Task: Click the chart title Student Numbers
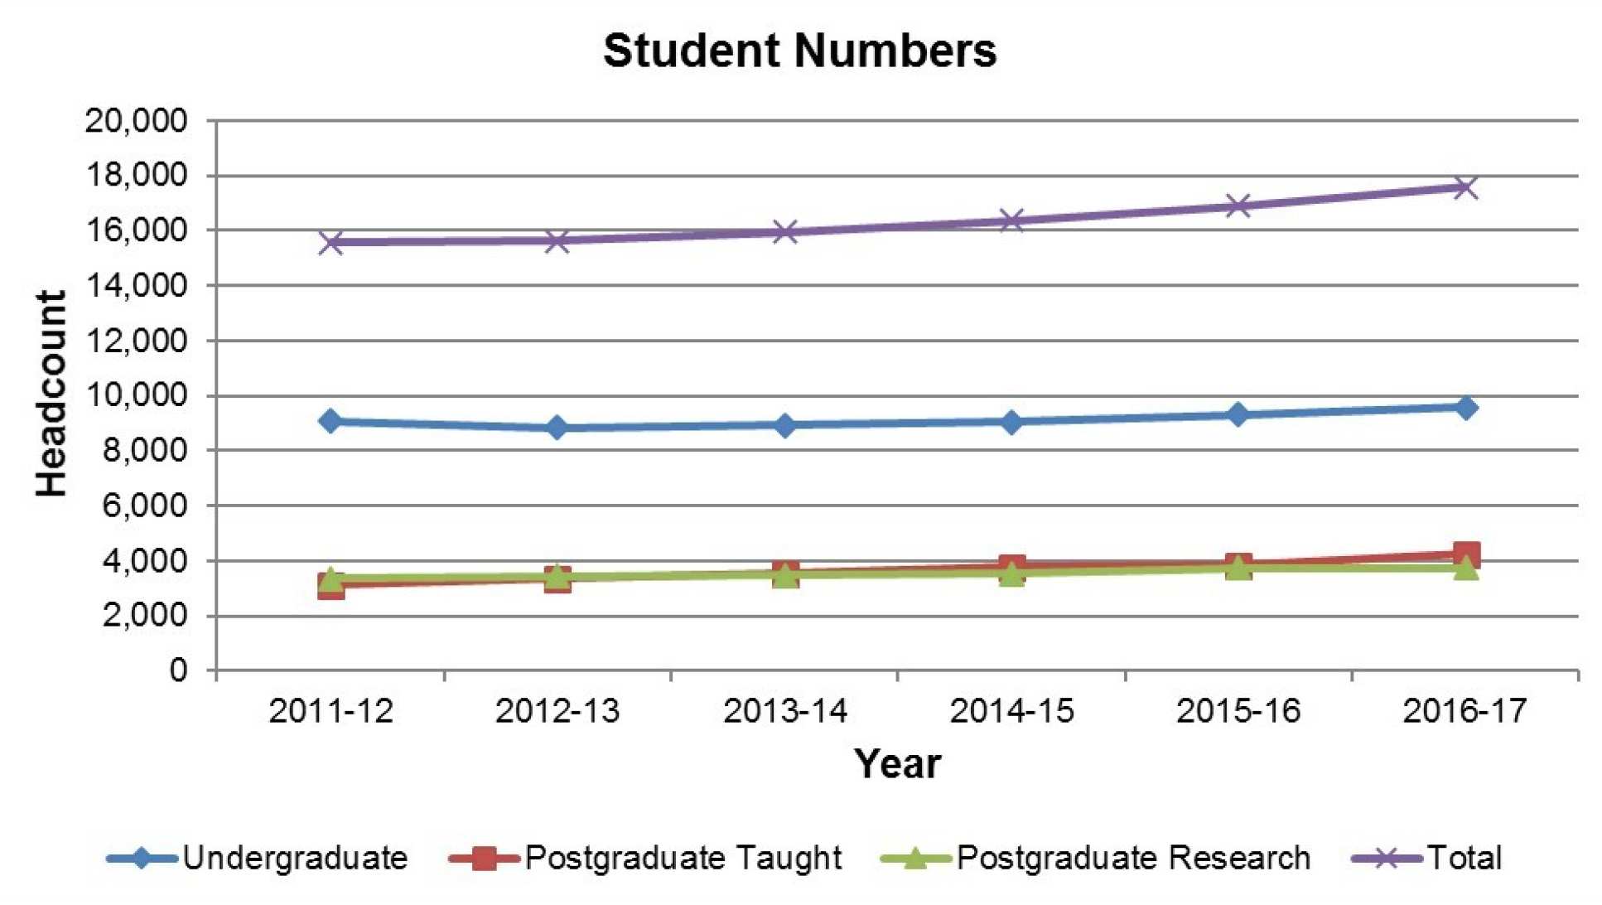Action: coord(799,51)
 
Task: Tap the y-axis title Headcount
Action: coord(51,394)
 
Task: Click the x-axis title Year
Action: coord(897,763)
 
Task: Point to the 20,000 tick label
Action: coord(137,121)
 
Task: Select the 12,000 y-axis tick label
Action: coord(137,341)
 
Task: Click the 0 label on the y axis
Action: coord(178,670)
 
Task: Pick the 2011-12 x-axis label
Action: coord(331,711)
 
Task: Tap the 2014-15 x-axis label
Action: coord(1011,711)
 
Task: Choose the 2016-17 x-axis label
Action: coord(1464,711)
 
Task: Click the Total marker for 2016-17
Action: coord(1464,187)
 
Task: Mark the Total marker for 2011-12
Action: coord(331,242)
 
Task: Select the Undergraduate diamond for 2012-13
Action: coord(557,428)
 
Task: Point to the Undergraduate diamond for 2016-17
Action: coord(1464,407)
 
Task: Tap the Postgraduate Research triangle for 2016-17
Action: coord(1464,568)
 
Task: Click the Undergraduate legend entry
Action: coord(258,858)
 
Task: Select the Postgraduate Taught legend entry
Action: coord(645,858)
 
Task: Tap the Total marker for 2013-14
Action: coord(784,232)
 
